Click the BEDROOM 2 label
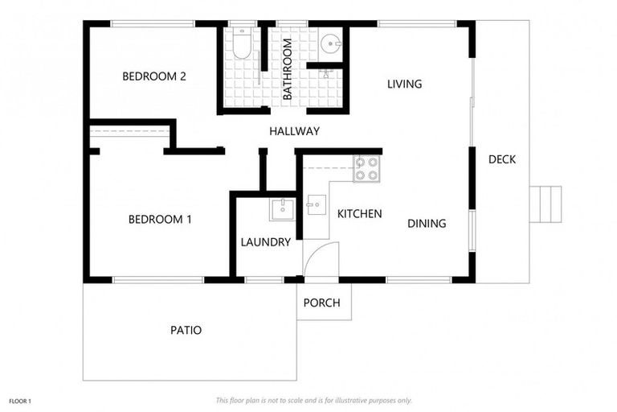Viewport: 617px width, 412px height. (154, 77)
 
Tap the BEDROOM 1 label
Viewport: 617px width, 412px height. (160, 219)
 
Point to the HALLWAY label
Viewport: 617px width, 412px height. (294, 131)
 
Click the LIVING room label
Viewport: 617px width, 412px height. (404, 84)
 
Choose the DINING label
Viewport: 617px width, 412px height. (426, 223)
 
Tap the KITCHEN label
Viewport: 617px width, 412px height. (359, 214)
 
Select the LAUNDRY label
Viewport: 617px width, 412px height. (265, 241)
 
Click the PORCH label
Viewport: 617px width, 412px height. (321, 303)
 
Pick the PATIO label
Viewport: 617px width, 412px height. (186, 330)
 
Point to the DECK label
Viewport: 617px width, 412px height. (502, 159)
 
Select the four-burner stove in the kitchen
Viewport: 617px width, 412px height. (366, 169)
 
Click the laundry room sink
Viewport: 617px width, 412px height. (282, 209)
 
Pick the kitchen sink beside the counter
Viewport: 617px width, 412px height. (313, 205)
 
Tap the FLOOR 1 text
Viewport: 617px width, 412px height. (20, 400)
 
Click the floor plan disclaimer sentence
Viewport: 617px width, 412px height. (313, 400)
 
